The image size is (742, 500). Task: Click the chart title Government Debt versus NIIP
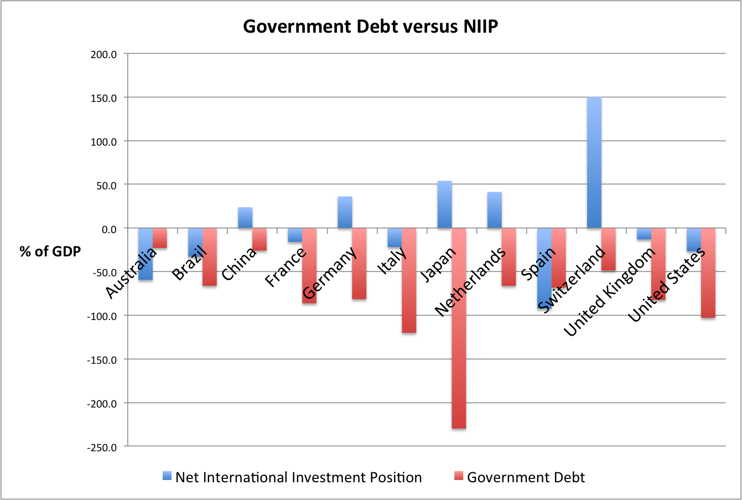pyautogui.click(x=370, y=27)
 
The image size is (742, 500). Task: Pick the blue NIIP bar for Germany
pyautogui.click(x=345, y=212)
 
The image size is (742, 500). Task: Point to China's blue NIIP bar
pyautogui.click(x=245, y=218)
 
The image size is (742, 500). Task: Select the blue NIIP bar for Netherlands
pyautogui.click(x=494, y=210)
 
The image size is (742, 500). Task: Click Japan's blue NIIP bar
pyautogui.click(x=444, y=204)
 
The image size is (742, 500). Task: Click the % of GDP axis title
pyautogui.click(x=50, y=251)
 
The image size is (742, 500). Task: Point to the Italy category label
pyautogui.click(x=392, y=260)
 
